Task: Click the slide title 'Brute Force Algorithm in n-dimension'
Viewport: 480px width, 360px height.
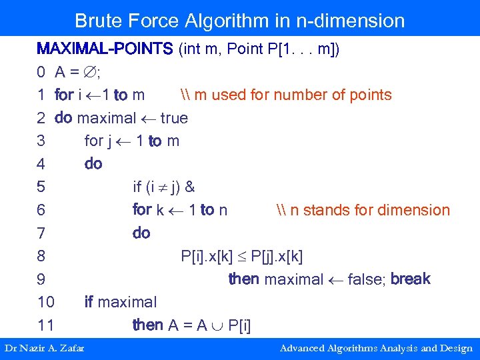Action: pyautogui.click(x=239, y=21)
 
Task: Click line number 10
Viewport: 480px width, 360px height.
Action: pyautogui.click(x=45, y=302)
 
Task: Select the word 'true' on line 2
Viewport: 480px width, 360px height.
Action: pyautogui.click(x=174, y=118)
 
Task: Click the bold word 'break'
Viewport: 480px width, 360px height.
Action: pyautogui.click(x=411, y=279)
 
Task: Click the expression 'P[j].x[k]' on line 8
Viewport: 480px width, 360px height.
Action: pyautogui.click(x=279, y=256)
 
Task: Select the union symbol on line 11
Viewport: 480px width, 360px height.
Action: pyautogui.click(x=217, y=325)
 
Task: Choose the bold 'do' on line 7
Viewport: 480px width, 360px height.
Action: pyautogui.click(x=141, y=233)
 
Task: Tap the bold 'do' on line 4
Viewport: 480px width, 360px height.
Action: pyautogui.click(x=93, y=164)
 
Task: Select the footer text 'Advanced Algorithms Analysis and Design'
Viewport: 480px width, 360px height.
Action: pyautogui.click(x=376, y=348)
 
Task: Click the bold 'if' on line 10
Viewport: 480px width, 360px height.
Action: pyautogui.click(x=89, y=302)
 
